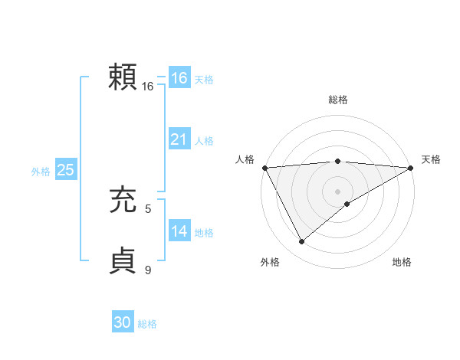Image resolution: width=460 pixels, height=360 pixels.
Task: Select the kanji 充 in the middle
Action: pyautogui.click(x=124, y=201)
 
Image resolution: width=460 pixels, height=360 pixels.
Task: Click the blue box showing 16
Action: pyautogui.click(x=179, y=78)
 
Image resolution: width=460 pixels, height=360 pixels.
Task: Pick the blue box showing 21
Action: pyautogui.click(x=179, y=139)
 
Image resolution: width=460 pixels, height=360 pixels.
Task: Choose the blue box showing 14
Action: pyautogui.click(x=179, y=231)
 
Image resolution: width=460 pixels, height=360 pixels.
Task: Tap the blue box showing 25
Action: pyautogui.click(x=66, y=170)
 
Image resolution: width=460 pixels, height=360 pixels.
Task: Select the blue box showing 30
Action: pyautogui.click(x=123, y=323)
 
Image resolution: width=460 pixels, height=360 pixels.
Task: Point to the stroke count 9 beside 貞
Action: pyautogui.click(x=148, y=270)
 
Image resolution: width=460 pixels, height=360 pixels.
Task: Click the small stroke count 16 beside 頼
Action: pyautogui.click(x=148, y=87)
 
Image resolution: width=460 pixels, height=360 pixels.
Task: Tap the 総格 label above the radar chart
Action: pyautogui.click(x=337, y=100)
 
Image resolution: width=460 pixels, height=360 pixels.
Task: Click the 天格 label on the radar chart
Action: pyautogui.click(x=431, y=159)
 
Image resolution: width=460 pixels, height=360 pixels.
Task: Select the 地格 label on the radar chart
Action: pyautogui.click(x=402, y=262)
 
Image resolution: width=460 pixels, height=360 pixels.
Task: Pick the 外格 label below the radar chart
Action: pyautogui.click(x=270, y=262)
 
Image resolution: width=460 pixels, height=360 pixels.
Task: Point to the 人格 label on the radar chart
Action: pyautogui.click(x=245, y=159)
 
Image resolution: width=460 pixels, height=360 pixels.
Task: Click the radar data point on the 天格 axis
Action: pyautogui.click(x=411, y=168)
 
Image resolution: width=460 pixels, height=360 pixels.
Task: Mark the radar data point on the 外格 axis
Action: pyautogui.click(x=301, y=242)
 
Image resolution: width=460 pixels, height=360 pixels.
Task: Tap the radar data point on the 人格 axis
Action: pyautogui.click(x=264, y=168)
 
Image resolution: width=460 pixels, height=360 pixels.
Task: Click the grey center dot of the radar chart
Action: pyautogui.click(x=337, y=191)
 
